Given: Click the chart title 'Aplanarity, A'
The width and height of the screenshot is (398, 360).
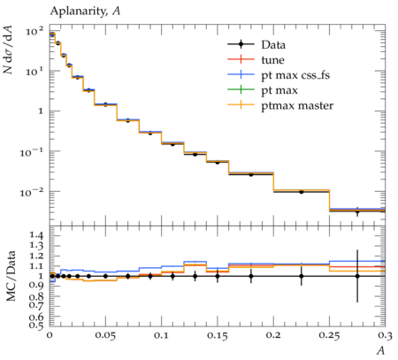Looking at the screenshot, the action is pyautogui.click(x=85, y=11).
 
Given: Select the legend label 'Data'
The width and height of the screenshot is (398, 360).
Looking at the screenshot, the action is pyautogui.click(x=273, y=45).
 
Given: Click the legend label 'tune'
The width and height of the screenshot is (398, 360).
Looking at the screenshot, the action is pyautogui.click(x=272, y=60).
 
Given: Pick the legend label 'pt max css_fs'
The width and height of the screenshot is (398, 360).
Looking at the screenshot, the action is pyautogui.click(x=295, y=75).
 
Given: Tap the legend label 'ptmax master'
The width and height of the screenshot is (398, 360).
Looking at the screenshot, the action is pyautogui.click(x=297, y=106).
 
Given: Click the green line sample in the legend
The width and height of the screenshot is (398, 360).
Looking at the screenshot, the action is pyautogui.click(x=241, y=89).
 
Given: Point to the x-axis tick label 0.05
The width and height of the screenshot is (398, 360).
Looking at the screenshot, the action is pyautogui.click(x=105, y=335).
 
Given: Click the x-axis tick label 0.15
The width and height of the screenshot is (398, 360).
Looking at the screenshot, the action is pyautogui.click(x=218, y=335).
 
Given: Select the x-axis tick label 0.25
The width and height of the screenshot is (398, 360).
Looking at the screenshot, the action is pyautogui.click(x=329, y=335).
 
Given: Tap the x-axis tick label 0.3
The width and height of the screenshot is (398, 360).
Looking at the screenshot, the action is pyautogui.click(x=386, y=335).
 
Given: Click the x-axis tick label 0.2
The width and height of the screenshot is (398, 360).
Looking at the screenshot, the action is pyautogui.click(x=273, y=335).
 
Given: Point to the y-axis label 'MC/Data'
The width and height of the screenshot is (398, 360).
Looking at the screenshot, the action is pyautogui.click(x=11, y=276).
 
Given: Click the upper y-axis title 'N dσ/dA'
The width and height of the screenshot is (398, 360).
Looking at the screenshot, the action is pyautogui.click(x=8, y=50).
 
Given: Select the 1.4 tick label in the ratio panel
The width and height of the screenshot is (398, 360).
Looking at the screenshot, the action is pyautogui.click(x=36, y=235).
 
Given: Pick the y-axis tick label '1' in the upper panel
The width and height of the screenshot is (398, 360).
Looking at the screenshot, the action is pyautogui.click(x=41, y=111).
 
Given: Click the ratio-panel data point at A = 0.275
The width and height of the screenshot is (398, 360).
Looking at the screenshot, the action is pyautogui.click(x=357, y=276).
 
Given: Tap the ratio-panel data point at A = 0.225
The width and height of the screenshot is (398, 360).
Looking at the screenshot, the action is pyautogui.click(x=302, y=276).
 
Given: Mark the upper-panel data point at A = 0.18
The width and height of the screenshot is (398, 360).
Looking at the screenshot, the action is pyautogui.click(x=251, y=174).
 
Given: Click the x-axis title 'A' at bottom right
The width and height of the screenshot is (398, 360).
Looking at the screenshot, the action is pyautogui.click(x=381, y=351).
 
